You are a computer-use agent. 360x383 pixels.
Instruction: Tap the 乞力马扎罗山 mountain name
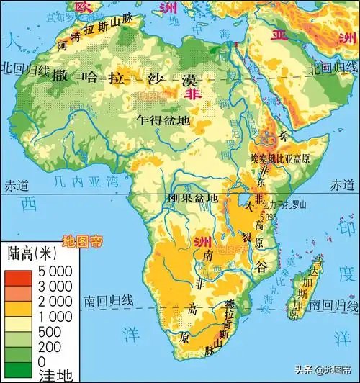pyautogui.click(x=287, y=204)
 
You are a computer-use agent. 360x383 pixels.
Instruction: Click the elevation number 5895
pyautogui.click(x=269, y=215)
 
